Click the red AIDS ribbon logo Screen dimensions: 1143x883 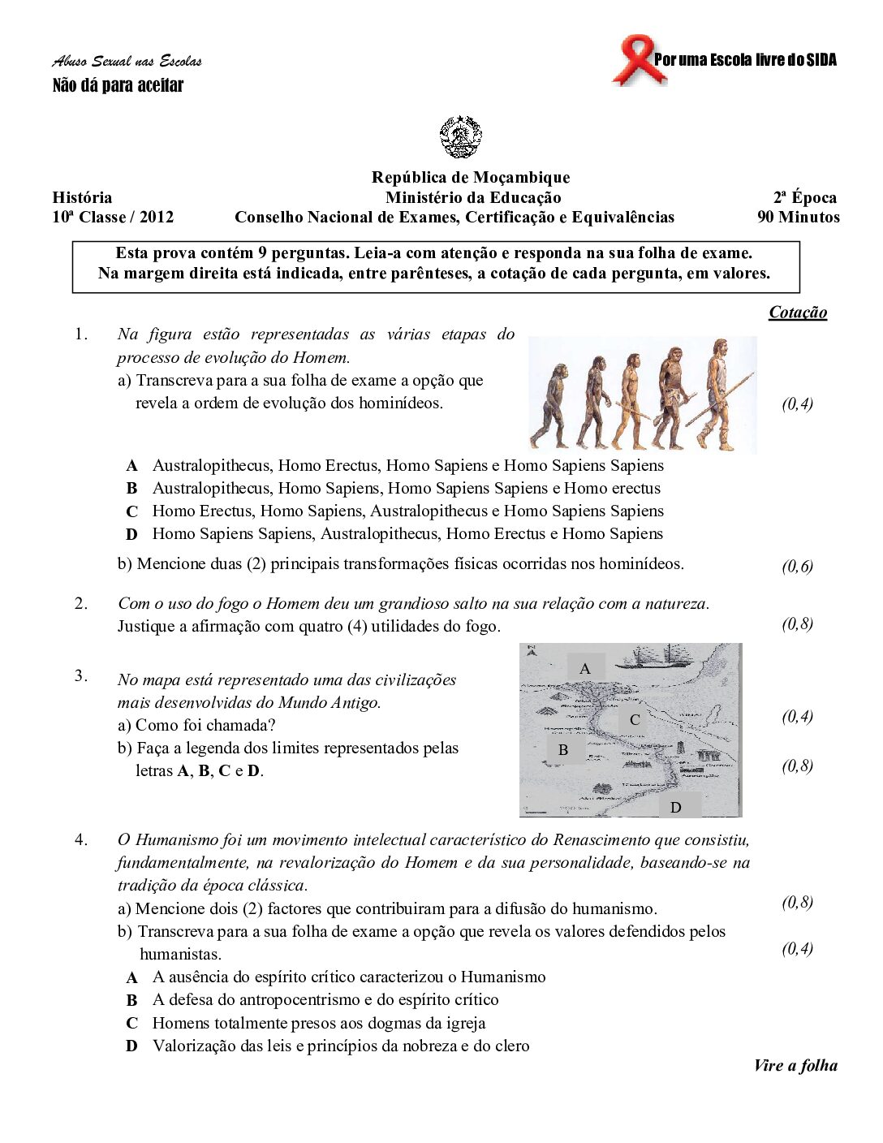(x=639, y=59)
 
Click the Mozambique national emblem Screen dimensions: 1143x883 (x=461, y=136)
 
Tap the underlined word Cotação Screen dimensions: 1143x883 (x=798, y=313)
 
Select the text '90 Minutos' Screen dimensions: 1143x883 (x=799, y=217)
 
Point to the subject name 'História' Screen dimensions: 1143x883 (x=82, y=197)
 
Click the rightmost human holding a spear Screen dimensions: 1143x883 (x=719, y=394)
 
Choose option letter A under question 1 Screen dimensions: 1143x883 (x=131, y=466)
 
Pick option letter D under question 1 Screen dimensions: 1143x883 (x=131, y=534)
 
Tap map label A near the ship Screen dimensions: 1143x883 (x=585, y=669)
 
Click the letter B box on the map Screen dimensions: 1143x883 (x=563, y=750)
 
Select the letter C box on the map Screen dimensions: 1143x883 (x=635, y=719)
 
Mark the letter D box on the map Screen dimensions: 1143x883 (x=675, y=807)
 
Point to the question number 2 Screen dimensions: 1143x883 (x=81, y=603)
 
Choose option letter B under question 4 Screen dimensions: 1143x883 (x=131, y=1000)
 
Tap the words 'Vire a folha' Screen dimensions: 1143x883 (x=795, y=1066)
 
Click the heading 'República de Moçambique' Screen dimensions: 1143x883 (x=471, y=178)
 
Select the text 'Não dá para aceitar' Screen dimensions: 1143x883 (x=118, y=85)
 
